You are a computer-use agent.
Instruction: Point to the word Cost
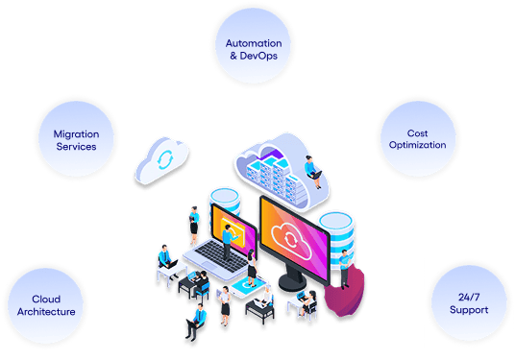(x=416, y=132)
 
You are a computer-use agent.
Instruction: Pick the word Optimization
(x=416, y=145)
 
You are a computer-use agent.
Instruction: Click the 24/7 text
(x=469, y=297)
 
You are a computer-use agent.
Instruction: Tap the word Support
(x=469, y=310)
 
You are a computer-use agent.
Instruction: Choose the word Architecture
(x=47, y=312)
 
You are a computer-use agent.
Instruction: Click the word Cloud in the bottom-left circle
(x=46, y=299)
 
